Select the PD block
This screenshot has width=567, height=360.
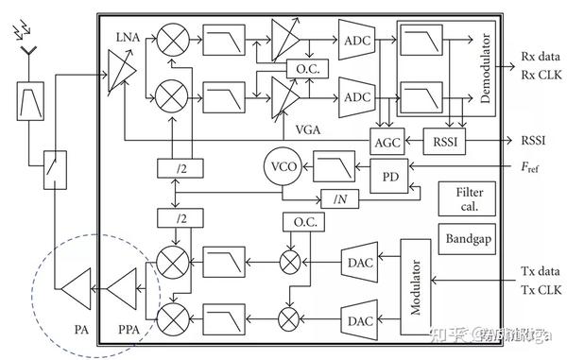click(x=388, y=177)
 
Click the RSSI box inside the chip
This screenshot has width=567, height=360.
click(x=439, y=140)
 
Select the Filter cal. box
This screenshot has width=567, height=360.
click(x=460, y=198)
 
